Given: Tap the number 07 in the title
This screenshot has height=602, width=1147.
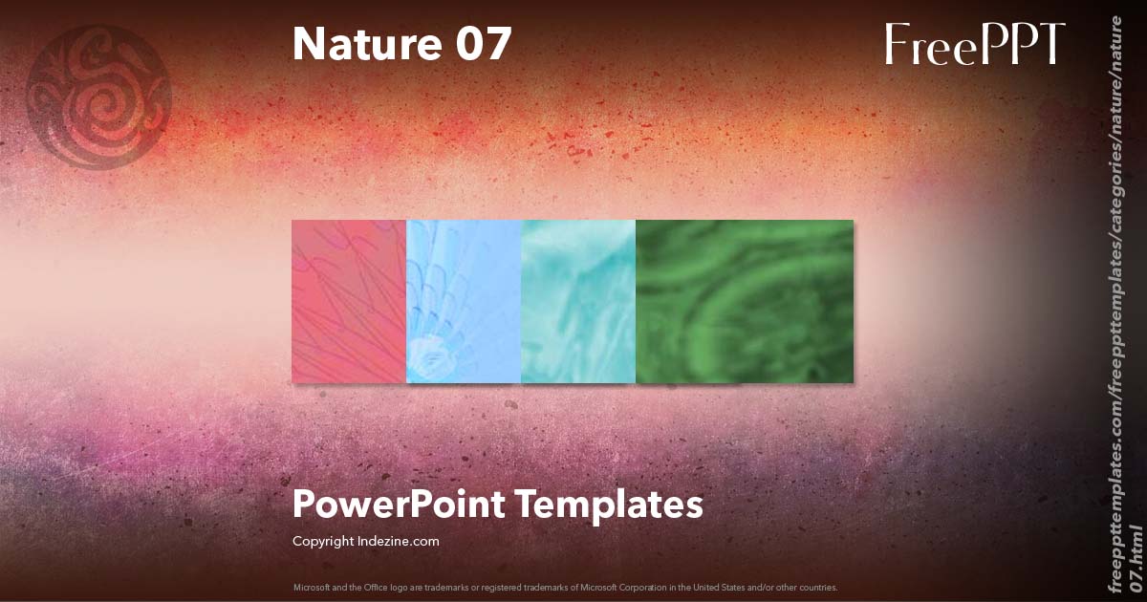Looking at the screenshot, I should [x=483, y=44].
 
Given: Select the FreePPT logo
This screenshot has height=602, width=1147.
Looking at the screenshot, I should [x=974, y=44].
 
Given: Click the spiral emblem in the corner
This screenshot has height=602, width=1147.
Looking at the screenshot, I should [x=98, y=97].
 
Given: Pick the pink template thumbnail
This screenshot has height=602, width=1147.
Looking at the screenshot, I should [x=349, y=302].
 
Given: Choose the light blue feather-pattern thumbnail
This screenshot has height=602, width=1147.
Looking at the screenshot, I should [x=464, y=302].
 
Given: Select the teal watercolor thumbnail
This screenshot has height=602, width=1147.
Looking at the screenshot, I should [x=578, y=302].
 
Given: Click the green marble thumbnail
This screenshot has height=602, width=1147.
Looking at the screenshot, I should [x=745, y=302].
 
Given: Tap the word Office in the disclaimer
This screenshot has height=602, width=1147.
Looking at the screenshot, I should [x=368, y=587].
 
